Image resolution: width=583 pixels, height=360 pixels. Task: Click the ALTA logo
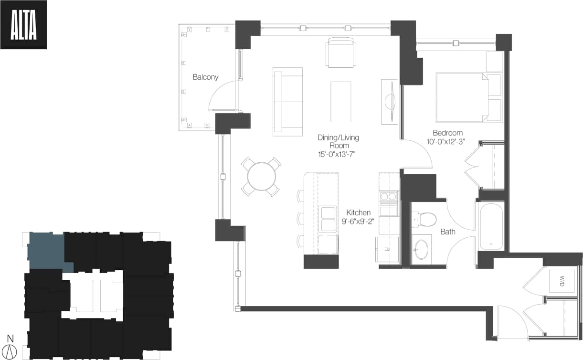point(23,25)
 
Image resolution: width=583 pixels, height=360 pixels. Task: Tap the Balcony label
point(205,77)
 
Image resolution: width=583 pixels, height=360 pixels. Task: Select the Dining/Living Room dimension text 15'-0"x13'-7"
point(338,154)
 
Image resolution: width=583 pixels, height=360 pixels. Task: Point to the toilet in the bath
point(425,219)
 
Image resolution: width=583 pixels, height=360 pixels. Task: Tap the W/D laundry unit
point(558,279)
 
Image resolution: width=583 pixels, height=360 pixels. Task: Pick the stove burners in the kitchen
point(389,196)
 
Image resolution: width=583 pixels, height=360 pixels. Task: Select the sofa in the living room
point(288,102)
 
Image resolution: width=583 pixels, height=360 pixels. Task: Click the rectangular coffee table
point(341,102)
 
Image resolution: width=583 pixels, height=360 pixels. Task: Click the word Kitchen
point(358,212)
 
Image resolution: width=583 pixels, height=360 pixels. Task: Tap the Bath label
point(447,232)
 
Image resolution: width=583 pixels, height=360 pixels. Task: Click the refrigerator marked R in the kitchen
point(387,249)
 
